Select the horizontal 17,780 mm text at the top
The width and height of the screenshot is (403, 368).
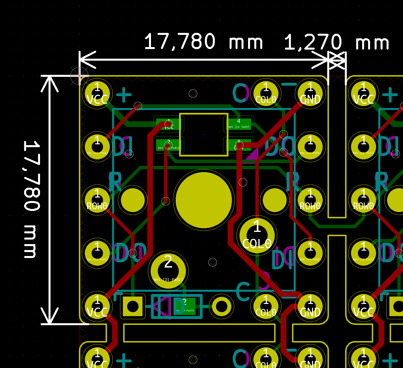coord(203,42)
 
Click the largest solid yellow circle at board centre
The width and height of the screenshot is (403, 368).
coord(204,200)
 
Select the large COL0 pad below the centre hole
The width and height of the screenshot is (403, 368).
coord(257,235)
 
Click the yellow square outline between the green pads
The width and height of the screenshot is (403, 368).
coord(204,135)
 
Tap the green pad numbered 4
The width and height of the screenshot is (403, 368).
coord(239,124)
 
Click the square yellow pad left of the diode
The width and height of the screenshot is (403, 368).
coord(133,306)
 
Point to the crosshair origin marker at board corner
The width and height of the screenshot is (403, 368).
coord(79,76)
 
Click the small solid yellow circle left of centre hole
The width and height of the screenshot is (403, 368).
coord(133,200)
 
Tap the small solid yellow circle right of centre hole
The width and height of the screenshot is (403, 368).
coord(274,200)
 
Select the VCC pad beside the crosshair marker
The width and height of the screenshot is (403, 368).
coord(97,94)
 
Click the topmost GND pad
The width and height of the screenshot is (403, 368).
coord(310,94)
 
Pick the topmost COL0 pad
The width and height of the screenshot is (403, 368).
coord(266,94)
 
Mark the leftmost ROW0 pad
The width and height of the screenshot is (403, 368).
coord(97,200)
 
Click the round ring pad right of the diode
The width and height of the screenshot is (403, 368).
coord(221,306)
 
